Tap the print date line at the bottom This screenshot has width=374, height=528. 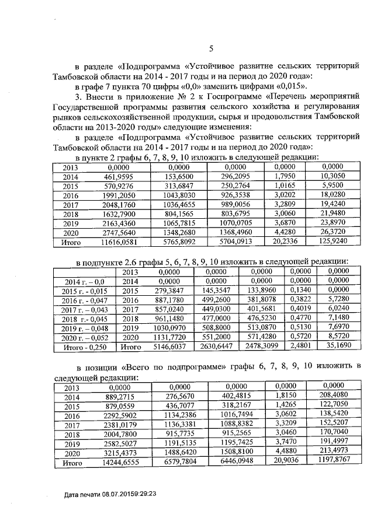click(110, 494)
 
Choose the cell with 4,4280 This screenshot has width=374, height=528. click(286, 232)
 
